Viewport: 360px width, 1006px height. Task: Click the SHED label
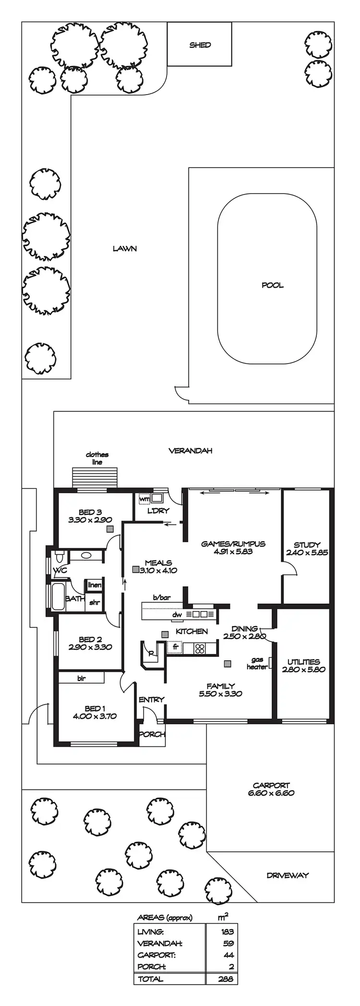point(200,45)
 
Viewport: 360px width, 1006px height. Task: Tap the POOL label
point(272,285)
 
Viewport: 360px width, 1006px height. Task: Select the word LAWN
point(125,249)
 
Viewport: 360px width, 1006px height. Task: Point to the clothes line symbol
point(95,478)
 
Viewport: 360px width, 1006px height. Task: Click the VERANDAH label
point(191,451)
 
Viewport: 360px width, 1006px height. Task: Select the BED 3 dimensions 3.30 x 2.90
point(90,520)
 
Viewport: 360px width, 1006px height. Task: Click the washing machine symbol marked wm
point(144,499)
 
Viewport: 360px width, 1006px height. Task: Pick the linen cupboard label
point(95,585)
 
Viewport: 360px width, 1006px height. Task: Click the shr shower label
point(95,602)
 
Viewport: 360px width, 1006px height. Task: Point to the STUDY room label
point(307,545)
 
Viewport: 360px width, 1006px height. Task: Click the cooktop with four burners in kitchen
point(199,648)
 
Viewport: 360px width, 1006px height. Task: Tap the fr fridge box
point(176,647)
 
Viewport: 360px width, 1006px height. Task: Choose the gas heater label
point(257,663)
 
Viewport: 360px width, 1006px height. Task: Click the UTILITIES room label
point(303,662)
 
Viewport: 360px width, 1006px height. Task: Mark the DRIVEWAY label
point(288,875)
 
